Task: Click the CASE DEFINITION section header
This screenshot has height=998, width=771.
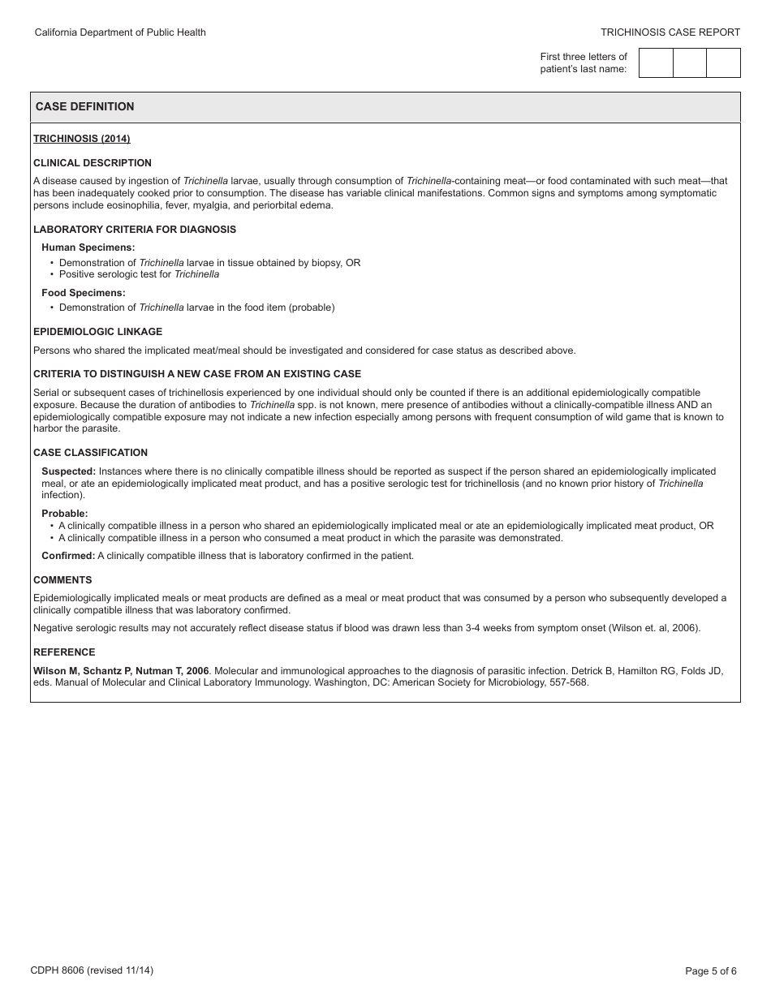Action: (x=84, y=106)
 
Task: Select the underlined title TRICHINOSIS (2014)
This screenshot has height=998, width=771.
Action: (x=81, y=139)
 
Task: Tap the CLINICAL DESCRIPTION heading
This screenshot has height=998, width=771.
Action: (x=93, y=163)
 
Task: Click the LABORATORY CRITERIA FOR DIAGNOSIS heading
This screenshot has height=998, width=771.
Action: (x=135, y=230)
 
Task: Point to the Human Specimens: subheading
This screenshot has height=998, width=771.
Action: (x=88, y=247)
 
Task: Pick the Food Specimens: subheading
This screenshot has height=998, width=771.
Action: (x=84, y=293)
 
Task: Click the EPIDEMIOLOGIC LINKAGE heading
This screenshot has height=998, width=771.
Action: (x=97, y=332)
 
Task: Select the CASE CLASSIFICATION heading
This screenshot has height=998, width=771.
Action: (x=90, y=453)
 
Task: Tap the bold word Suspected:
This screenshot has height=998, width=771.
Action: (x=68, y=471)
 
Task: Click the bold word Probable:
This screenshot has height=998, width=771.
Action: (x=65, y=514)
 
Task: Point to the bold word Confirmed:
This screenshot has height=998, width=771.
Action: (x=68, y=556)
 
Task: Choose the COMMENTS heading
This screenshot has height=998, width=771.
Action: (x=62, y=580)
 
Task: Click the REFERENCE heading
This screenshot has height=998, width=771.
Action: (x=64, y=652)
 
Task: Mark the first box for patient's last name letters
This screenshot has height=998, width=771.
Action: (x=656, y=63)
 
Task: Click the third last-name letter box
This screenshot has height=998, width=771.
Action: (x=723, y=63)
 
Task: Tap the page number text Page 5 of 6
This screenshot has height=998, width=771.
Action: (x=711, y=970)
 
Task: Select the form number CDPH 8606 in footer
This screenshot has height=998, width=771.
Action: (x=57, y=970)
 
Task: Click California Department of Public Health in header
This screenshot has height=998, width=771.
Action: (x=120, y=32)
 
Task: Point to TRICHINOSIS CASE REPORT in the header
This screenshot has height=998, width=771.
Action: (x=670, y=32)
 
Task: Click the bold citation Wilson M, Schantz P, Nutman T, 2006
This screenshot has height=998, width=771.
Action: (x=121, y=671)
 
